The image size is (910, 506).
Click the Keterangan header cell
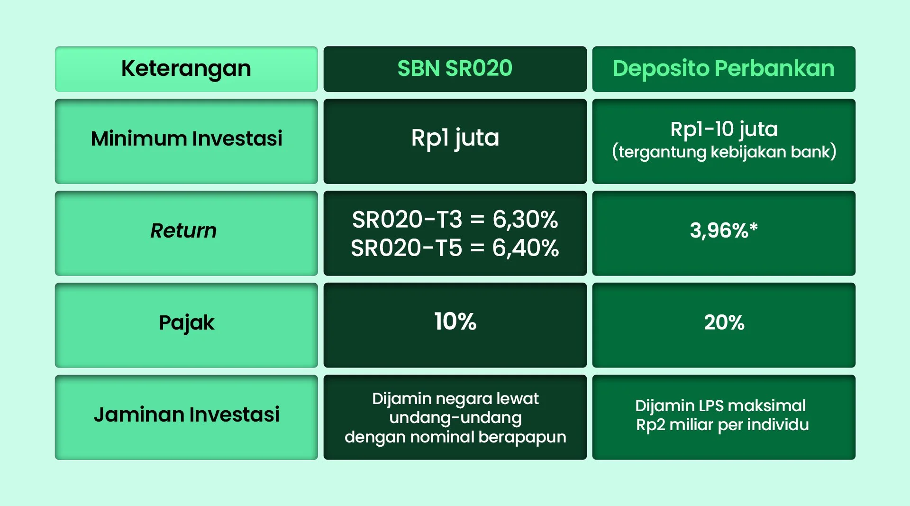[x=186, y=69]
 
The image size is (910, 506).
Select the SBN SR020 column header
[x=455, y=69]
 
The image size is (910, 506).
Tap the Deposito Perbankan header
[x=723, y=69]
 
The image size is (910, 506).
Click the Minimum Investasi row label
[x=186, y=139]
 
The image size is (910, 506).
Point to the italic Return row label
[x=183, y=231]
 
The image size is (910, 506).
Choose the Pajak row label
[x=186, y=323]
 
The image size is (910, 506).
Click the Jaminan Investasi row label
[x=186, y=415]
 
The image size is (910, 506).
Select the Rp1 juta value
[x=455, y=138]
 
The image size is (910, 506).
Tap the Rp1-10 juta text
[x=724, y=129]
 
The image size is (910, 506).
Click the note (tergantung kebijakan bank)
[x=724, y=152]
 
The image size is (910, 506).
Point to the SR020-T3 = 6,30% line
[x=455, y=220]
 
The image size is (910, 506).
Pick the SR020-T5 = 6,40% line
[x=455, y=248]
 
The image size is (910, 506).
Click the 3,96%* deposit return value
[x=724, y=231]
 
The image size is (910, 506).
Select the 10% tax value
[x=455, y=322]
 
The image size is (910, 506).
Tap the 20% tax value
[x=724, y=323]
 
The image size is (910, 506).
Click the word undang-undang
[x=455, y=418]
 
